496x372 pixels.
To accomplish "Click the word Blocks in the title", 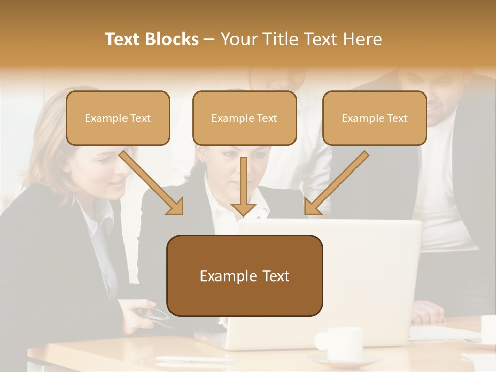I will click(x=170, y=39).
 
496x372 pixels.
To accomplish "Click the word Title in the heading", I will click(x=280, y=39).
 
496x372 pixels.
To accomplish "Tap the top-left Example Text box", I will click(x=118, y=118).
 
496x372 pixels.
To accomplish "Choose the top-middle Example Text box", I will click(x=244, y=118).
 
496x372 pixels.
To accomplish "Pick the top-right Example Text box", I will click(x=375, y=118).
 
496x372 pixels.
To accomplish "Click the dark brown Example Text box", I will click(x=244, y=276).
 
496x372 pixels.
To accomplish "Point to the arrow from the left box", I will click(x=152, y=183).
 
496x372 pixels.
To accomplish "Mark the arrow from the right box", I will click(x=336, y=183).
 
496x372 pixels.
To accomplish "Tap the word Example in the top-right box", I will click(x=360, y=118).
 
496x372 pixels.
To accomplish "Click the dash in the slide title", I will click(x=209, y=39).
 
